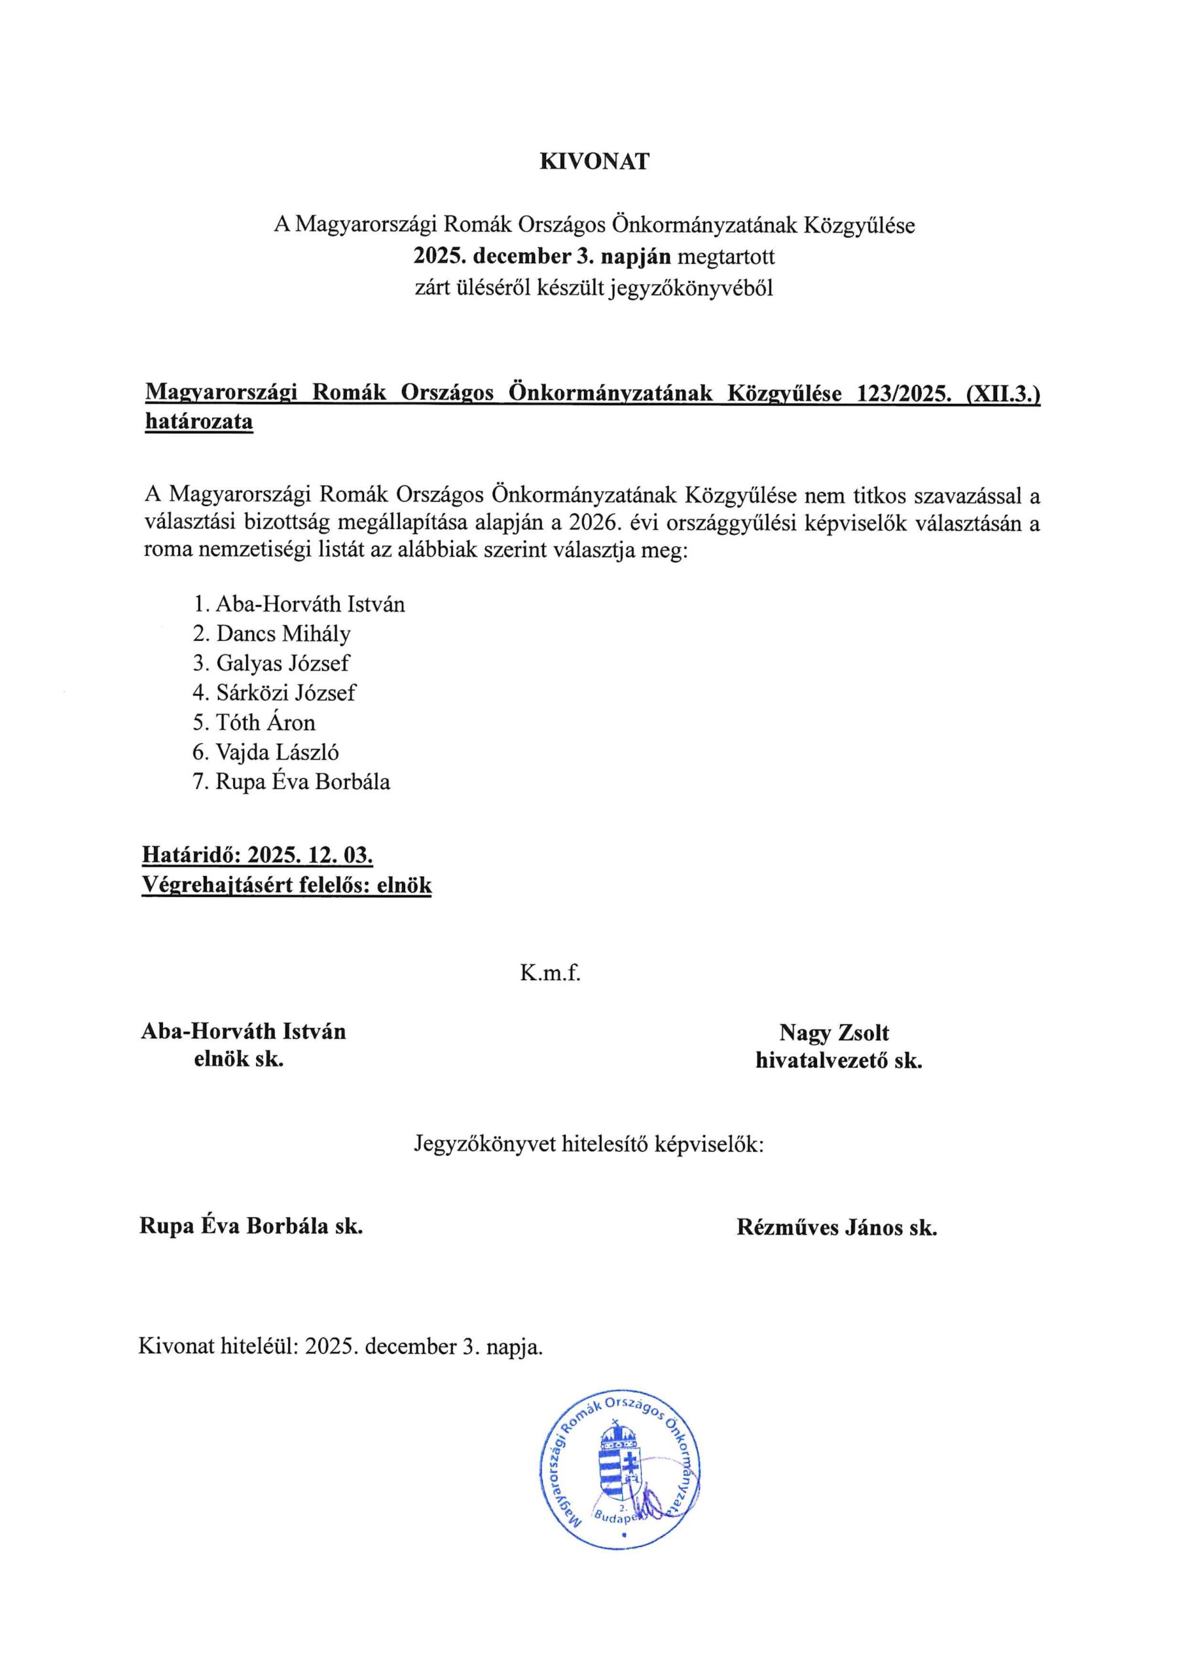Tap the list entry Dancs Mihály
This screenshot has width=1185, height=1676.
tap(283, 634)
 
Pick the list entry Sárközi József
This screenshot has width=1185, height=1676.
tap(285, 693)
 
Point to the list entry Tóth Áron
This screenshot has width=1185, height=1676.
tap(266, 723)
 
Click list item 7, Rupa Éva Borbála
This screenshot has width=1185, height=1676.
tap(302, 782)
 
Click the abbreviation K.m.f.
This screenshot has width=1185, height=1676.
tap(550, 973)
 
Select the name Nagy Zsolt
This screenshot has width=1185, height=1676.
tap(834, 1033)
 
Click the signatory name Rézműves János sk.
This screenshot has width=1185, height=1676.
tap(837, 1228)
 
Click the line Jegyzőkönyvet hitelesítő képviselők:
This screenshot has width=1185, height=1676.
tap(589, 1143)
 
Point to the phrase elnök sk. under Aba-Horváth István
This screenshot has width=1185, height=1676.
tap(238, 1059)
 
